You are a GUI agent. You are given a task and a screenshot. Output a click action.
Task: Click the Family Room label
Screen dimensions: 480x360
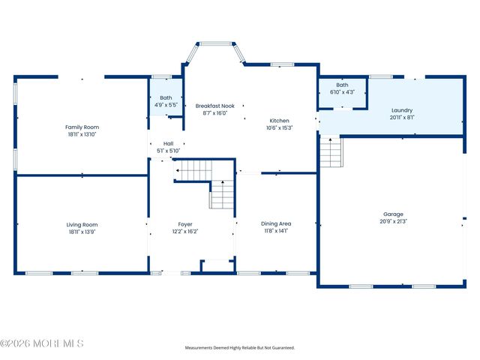coord(82,127)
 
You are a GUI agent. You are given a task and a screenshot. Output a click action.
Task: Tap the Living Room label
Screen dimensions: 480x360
coord(82,225)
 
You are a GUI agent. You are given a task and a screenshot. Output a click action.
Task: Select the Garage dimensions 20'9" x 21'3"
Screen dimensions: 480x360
coord(393,221)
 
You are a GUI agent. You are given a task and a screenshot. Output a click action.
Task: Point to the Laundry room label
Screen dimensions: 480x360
coord(402,110)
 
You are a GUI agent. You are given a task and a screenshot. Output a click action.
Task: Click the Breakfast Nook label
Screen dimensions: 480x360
coord(215,106)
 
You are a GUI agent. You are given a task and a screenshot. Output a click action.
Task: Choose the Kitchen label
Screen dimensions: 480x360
coord(279,121)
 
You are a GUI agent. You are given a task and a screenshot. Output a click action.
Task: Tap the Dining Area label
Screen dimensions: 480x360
coord(276,223)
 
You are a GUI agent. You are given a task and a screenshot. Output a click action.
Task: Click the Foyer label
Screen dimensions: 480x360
coord(185,224)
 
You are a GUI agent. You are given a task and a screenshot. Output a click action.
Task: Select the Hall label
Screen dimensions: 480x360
coord(168,143)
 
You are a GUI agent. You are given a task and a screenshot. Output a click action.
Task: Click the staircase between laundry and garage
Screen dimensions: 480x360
coord(331,151)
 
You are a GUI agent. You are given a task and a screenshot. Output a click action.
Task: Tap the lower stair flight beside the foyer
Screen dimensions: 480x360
coord(222,194)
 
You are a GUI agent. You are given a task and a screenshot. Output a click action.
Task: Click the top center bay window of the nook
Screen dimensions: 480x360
coord(216,44)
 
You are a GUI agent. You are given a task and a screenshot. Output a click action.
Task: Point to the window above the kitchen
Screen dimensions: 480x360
coord(282,64)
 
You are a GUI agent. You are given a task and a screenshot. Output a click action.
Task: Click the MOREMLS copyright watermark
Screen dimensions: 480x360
coord(42,343)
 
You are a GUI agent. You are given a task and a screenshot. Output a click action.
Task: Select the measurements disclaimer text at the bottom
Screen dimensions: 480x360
coord(240,348)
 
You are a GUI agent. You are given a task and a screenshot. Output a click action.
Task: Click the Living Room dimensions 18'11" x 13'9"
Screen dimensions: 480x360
coord(82,232)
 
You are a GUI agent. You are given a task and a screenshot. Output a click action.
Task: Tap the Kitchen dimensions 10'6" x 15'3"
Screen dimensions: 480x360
coord(279,128)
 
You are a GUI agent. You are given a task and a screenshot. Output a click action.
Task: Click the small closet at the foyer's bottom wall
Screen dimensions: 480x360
coord(218,265)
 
